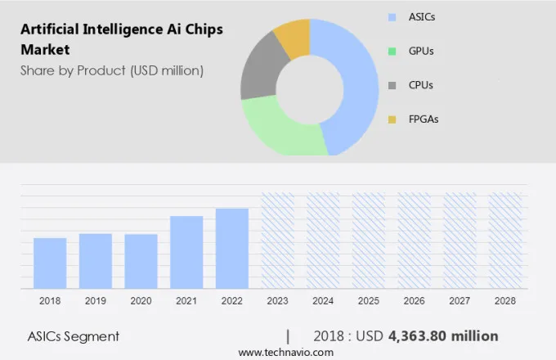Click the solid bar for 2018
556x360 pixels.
50,263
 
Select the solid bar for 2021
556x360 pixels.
186,252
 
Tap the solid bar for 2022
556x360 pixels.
232,248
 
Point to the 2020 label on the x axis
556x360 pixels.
141,301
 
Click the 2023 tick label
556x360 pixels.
277,301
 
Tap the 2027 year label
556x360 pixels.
460,301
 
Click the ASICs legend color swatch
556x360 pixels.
392,16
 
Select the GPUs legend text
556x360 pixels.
421,51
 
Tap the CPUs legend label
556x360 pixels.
421,85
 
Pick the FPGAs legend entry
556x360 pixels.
424,119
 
